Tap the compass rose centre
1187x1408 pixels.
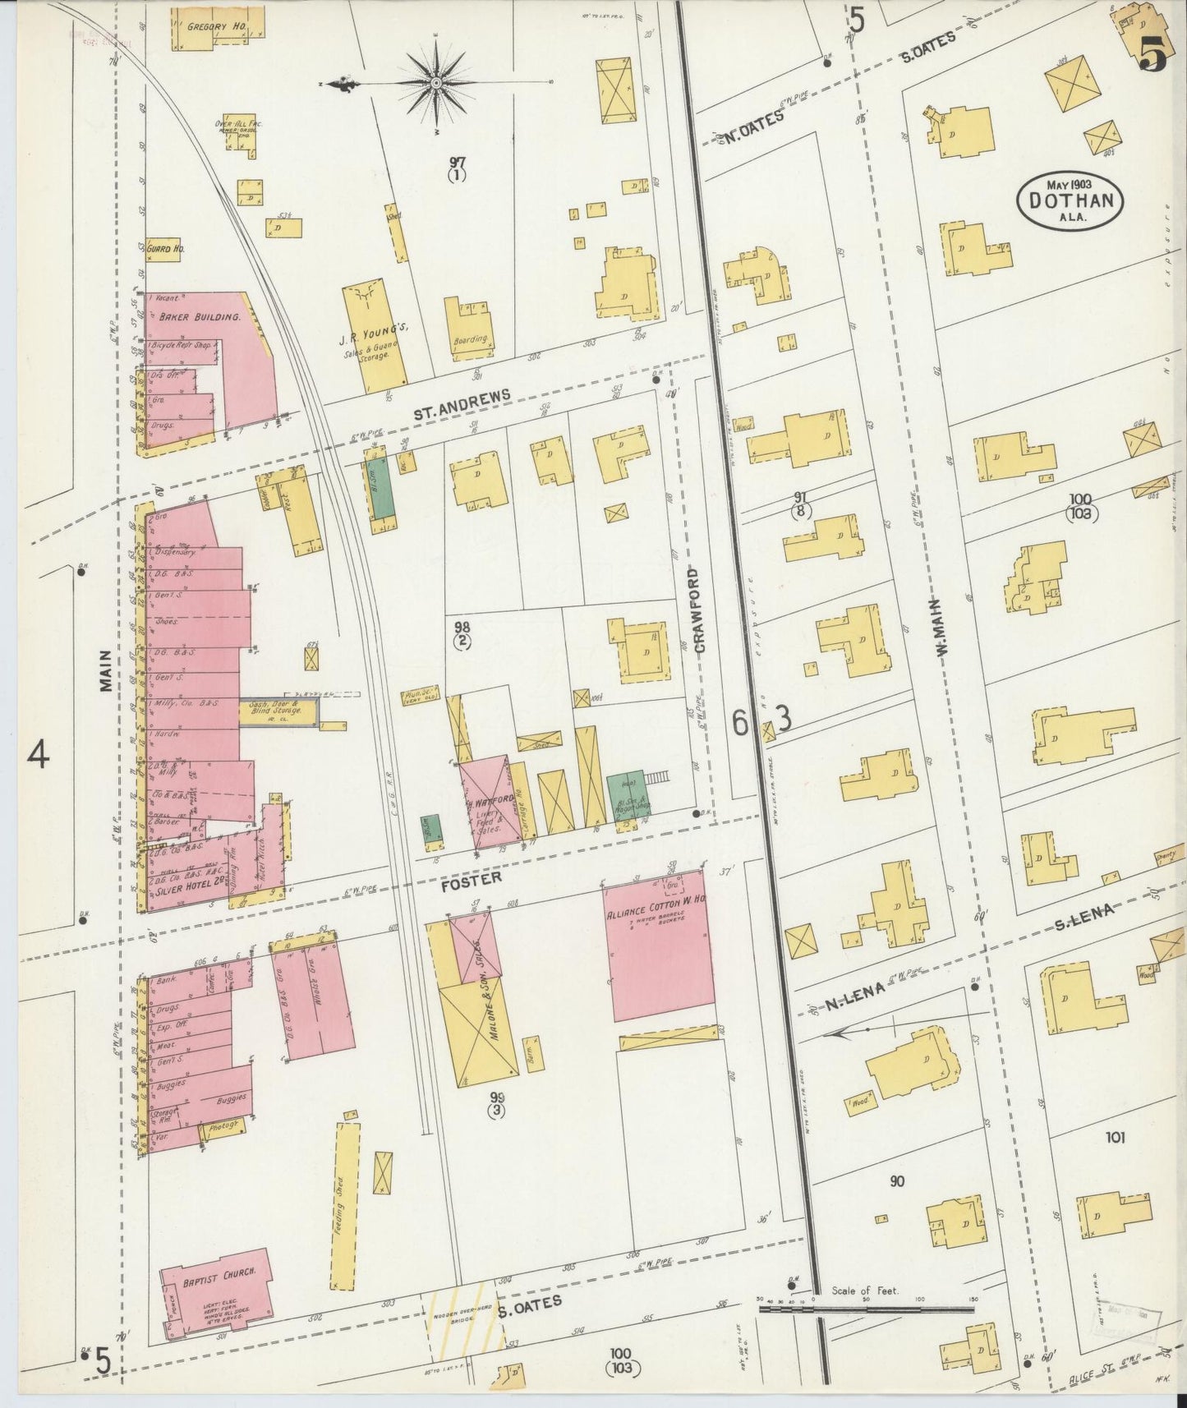click(x=436, y=83)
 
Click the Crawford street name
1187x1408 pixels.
click(x=700, y=610)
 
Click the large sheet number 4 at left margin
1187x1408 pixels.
click(x=38, y=754)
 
